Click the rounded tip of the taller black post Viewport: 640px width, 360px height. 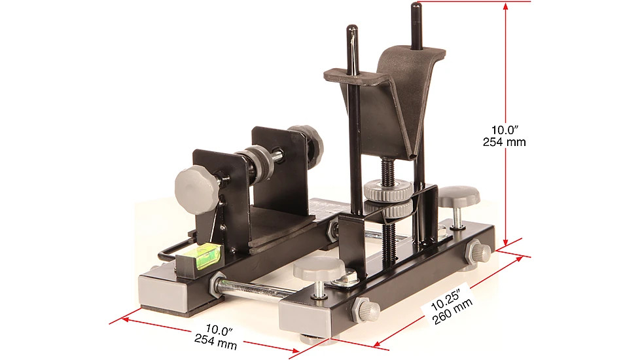pyautogui.click(x=416, y=7)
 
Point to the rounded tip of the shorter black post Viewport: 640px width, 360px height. pyautogui.click(x=352, y=30)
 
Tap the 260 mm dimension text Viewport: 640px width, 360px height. pyautogui.click(x=453, y=311)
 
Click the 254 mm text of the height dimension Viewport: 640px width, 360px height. pyautogui.click(x=504, y=142)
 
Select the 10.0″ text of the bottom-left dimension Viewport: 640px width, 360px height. pyautogui.click(x=219, y=330)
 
